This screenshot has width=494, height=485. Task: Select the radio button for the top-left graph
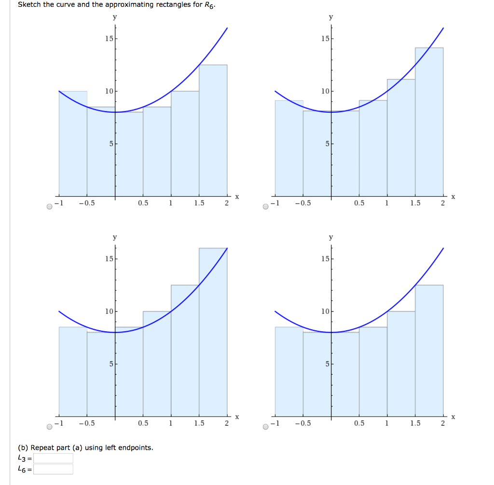coord(50,207)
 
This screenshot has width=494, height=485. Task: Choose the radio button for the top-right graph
coord(266,207)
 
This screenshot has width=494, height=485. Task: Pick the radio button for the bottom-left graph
coord(50,427)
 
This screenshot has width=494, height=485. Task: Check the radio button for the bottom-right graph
coord(266,427)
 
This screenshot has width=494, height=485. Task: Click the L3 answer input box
coord(53,458)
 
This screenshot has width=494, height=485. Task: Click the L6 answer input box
coord(53,469)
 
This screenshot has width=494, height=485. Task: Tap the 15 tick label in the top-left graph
coord(109,39)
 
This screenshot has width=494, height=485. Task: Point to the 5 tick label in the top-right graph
coord(327,144)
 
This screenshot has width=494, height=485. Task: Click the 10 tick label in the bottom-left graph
coord(109,311)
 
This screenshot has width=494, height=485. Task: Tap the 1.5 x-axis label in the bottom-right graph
coord(415,423)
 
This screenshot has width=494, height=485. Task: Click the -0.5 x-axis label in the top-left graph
coord(87,203)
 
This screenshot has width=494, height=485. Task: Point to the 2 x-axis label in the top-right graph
coord(443,203)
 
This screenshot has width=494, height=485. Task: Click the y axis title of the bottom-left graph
coord(115,237)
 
